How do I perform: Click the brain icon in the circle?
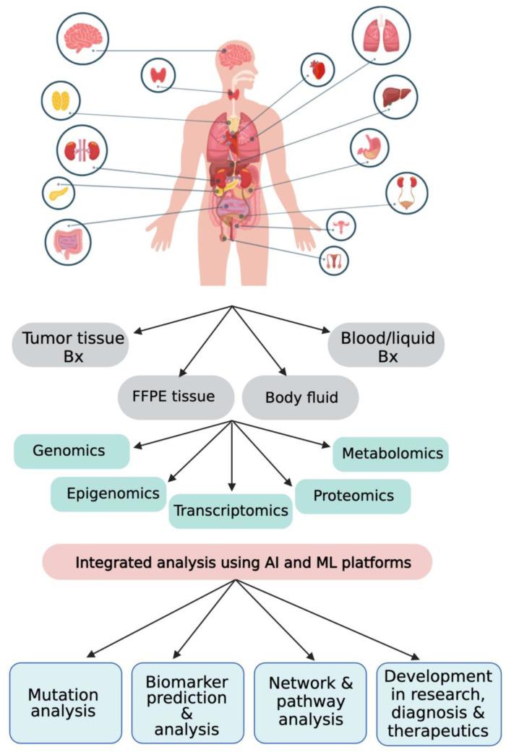tap(82, 38)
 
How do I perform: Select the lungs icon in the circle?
tap(381, 35)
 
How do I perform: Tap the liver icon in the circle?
tap(395, 97)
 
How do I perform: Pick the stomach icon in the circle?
tap(369, 147)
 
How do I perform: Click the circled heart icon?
tap(317, 71)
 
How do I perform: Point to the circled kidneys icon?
tap(82, 150)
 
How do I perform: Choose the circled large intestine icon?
tap(68, 241)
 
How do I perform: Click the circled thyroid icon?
tap(158, 75)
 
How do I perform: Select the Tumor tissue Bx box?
tap(72, 346)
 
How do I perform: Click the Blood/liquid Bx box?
tap(386, 346)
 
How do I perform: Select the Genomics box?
tap(70, 451)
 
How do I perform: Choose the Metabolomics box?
tap(391, 454)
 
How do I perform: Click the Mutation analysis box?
tap(66, 703)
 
